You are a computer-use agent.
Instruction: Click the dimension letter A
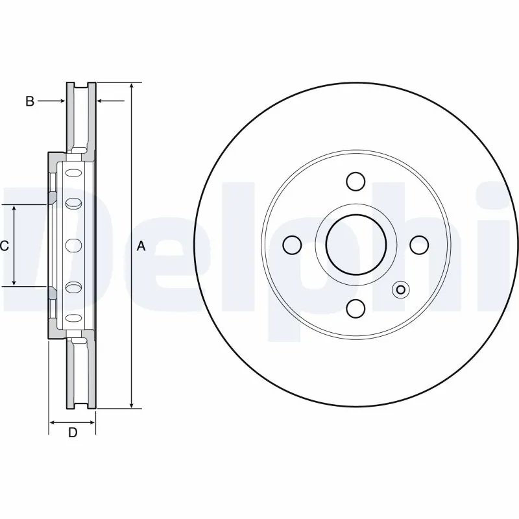tap(141, 246)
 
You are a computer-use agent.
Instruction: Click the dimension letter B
tap(29, 101)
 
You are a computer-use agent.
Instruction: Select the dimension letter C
tap(4, 246)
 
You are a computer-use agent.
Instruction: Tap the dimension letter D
tap(73, 433)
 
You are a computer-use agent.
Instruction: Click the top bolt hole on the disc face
tap(355, 181)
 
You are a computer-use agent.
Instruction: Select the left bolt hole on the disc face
tap(293, 245)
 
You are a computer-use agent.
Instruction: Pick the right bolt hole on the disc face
tap(418, 245)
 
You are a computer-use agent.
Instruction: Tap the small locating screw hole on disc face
tap(400, 290)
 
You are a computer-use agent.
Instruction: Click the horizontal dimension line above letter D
tap(73, 422)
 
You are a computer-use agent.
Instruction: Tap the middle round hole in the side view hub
tap(73, 245)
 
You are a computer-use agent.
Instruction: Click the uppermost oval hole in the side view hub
tap(73, 174)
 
